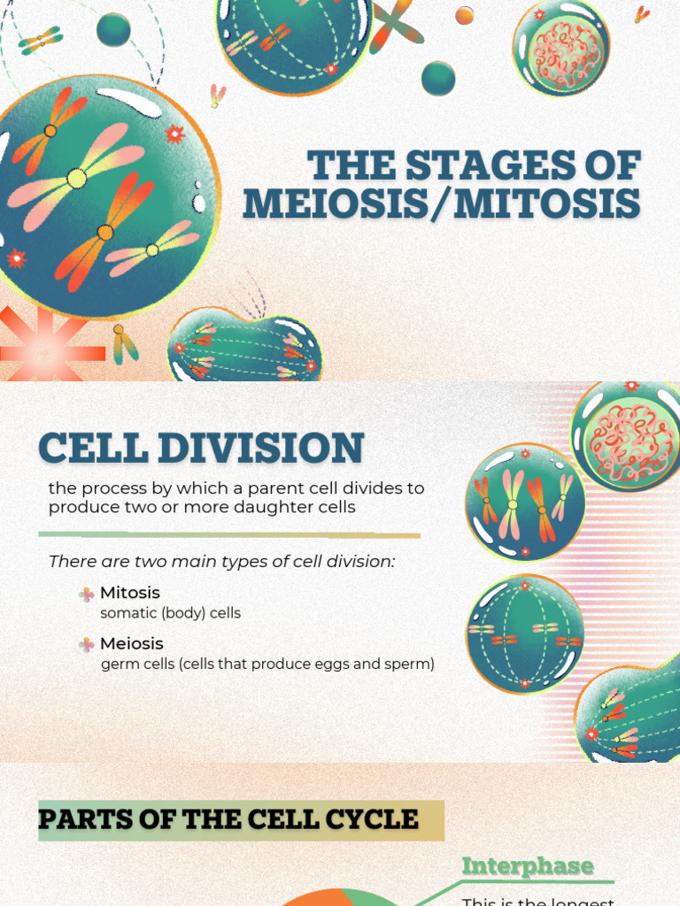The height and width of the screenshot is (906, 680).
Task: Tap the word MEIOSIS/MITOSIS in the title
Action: (441, 203)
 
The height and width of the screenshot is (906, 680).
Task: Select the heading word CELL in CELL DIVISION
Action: (94, 448)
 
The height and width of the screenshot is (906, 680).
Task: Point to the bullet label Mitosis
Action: (130, 593)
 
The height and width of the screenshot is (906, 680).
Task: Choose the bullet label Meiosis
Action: (132, 643)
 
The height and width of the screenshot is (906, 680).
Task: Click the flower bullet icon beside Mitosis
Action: (86, 595)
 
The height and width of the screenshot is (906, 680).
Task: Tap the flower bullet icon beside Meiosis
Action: (86, 645)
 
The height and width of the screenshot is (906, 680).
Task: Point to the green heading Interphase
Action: (528, 866)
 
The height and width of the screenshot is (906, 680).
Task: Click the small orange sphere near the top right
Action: (464, 15)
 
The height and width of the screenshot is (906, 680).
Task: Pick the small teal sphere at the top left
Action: (113, 29)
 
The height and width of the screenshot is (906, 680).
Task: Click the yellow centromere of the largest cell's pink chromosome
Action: (77, 179)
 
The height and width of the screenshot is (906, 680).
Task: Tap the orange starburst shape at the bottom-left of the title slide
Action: (40, 349)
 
